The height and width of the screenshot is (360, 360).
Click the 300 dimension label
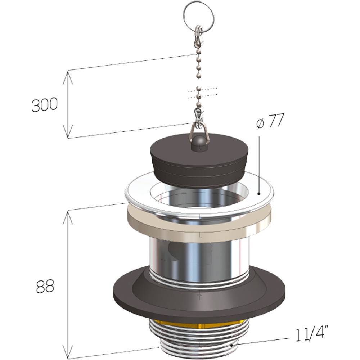[45, 105]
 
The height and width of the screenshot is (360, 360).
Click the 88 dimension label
[45, 286]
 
